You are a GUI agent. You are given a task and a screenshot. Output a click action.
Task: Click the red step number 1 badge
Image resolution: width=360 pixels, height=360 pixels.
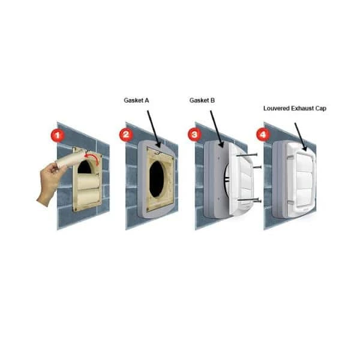57,135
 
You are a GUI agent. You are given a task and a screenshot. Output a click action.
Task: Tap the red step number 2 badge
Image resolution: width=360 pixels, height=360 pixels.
126,134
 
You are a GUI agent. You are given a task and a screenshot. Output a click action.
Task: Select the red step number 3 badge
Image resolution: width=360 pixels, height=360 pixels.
194,134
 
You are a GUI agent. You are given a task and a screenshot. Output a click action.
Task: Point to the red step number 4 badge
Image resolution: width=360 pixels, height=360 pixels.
263,134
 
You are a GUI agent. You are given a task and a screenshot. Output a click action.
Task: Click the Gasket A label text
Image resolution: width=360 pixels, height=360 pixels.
136,100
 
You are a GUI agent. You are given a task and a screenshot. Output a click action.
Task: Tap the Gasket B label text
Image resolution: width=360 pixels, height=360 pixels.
202,100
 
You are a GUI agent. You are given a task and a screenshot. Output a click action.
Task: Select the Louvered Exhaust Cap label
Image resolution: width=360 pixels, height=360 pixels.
295,109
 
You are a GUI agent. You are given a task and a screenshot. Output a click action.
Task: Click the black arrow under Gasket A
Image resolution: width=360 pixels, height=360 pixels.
154,129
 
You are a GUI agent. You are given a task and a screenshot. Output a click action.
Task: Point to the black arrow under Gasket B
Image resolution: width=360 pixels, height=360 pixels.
216,129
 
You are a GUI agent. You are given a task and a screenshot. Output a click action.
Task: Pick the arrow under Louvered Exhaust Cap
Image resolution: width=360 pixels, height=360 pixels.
301,137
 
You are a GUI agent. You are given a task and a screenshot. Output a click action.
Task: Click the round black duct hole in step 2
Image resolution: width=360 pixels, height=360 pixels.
157,179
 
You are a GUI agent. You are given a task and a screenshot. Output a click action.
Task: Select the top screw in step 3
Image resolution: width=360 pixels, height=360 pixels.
247,155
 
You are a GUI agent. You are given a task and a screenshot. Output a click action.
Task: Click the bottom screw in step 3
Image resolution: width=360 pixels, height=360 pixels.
250,200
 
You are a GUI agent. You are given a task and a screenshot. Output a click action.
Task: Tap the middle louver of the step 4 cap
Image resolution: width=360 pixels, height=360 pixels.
305,179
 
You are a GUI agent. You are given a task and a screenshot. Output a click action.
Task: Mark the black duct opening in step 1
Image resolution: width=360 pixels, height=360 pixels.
85,167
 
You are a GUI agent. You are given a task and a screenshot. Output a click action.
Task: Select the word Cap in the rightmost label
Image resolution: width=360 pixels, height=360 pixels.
321,109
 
